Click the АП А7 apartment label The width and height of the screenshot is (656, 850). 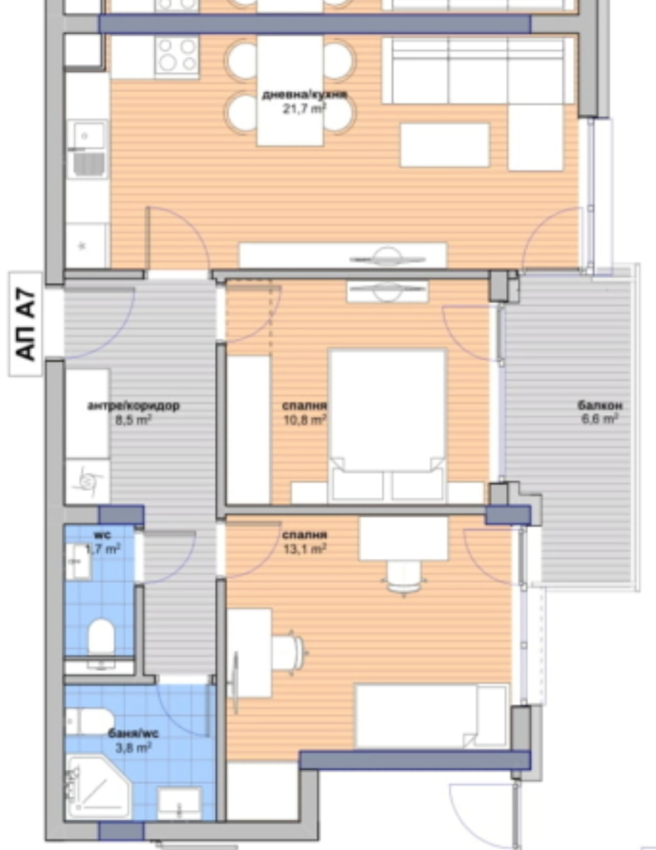click(25, 324)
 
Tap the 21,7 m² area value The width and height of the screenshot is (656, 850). click(305, 108)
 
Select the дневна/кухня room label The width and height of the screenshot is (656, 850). click(304, 95)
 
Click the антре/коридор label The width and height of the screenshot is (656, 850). click(133, 406)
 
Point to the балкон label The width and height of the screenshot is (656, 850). click(600, 406)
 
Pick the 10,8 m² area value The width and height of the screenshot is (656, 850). click(305, 420)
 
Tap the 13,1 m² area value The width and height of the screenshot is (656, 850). click(305, 549)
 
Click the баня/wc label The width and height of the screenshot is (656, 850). click(133, 733)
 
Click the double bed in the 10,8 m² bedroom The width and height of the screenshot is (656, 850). click(388, 426)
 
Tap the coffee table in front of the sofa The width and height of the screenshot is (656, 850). click(445, 145)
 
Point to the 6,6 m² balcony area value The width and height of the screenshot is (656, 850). click(600, 419)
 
